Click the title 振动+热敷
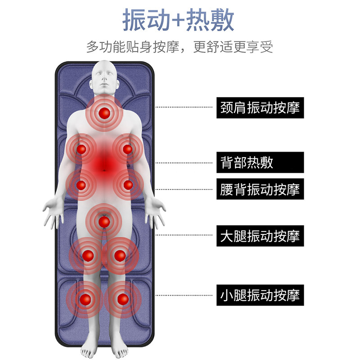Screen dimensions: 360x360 180,22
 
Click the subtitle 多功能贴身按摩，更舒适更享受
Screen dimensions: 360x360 180,47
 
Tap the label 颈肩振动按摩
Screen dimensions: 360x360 260,108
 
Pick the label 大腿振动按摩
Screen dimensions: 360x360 260,235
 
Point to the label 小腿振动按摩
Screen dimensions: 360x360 260,295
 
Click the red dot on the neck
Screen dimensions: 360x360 105,112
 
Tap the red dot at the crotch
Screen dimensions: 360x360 104,221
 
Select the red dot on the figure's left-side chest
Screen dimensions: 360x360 81,149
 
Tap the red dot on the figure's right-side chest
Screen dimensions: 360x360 128,149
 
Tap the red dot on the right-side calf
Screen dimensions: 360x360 122,298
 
